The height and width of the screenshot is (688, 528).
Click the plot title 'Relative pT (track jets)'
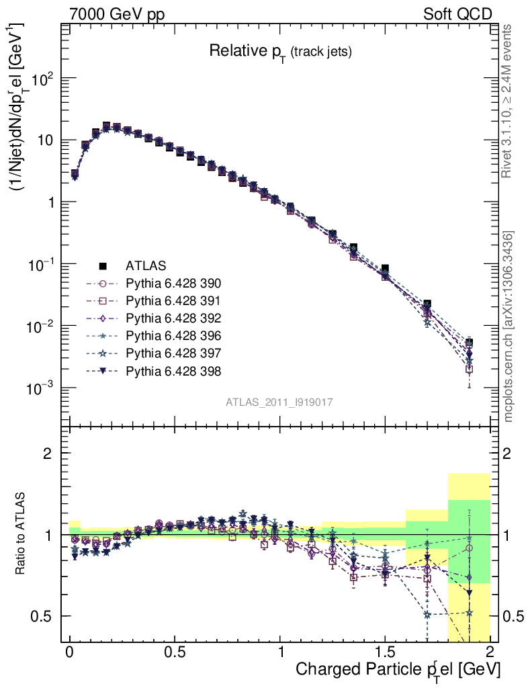point(280,51)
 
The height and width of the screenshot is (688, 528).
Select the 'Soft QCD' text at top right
point(457,13)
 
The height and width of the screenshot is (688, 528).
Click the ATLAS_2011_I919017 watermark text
point(279,402)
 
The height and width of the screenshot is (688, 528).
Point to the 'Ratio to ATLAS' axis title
point(22,535)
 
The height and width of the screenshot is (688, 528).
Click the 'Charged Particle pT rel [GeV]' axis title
point(398,669)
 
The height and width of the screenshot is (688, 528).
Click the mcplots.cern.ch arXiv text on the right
point(509,327)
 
